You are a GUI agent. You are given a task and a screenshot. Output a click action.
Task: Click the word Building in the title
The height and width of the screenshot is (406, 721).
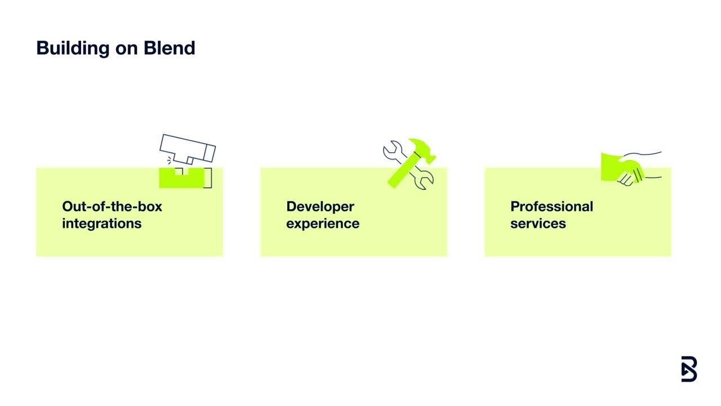(73, 48)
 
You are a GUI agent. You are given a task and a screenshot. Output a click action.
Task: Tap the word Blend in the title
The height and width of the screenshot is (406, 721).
(170, 47)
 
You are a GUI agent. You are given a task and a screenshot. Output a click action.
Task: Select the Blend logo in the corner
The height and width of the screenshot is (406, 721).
(689, 369)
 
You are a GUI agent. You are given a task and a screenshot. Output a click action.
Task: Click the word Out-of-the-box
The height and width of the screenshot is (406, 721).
(112, 206)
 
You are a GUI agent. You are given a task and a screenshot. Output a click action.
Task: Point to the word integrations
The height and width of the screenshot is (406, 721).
(101, 223)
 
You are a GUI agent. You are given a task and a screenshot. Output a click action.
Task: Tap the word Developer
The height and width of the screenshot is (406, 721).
(320, 206)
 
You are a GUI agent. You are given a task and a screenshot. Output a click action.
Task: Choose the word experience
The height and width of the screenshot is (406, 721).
(322, 224)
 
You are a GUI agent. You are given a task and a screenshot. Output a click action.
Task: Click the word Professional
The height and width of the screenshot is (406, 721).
(551, 206)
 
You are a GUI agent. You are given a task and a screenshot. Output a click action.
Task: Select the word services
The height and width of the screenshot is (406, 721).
(538, 223)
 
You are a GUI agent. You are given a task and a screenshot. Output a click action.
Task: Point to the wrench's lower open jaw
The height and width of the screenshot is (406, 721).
(425, 182)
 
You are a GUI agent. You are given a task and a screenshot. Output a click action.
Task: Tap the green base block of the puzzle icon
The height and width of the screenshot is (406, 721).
(180, 179)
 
